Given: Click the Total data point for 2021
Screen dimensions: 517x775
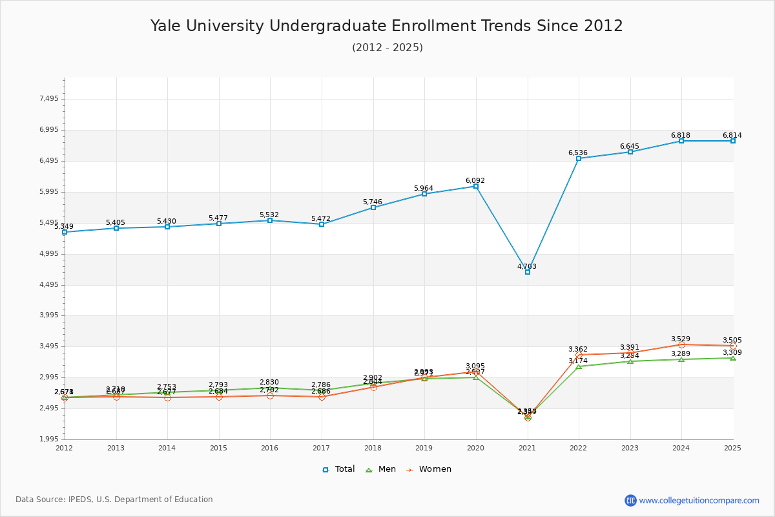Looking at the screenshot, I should pyautogui.click(x=528, y=272).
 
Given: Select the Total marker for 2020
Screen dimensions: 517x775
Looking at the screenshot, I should pyautogui.click(x=476, y=186).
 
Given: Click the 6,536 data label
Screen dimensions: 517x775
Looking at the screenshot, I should pyautogui.click(x=578, y=153).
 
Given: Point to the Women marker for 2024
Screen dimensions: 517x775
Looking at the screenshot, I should pyautogui.click(x=681, y=344).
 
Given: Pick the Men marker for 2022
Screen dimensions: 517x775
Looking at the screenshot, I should pyautogui.click(x=579, y=366).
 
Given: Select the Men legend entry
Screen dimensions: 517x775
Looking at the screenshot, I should pyautogui.click(x=382, y=469).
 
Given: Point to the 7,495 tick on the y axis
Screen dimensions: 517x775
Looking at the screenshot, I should pyautogui.click(x=49, y=99).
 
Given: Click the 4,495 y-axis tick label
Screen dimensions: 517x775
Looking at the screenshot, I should pyautogui.click(x=49, y=285).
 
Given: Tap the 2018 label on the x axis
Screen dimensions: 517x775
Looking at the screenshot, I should pyautogui.click(x=373, y=448).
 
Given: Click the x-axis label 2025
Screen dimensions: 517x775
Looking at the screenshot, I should pyautogui.click(x=732, y=448).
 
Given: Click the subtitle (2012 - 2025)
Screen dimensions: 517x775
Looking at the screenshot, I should pyautogui.click(x=387, y=47).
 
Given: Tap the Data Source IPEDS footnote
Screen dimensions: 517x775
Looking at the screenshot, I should pyautogui.click(x=114, y=500).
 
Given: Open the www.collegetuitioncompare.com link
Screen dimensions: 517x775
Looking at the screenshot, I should pyautogui.click(x=699, y=500).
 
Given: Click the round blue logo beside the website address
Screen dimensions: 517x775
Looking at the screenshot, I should pyautogui.click(x=630, y=500).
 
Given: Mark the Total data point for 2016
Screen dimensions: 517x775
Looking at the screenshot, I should pyautogui.click(x=270, y=220).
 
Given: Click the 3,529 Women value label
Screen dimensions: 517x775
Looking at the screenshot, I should pyautogui.click(x=681, y=339).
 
